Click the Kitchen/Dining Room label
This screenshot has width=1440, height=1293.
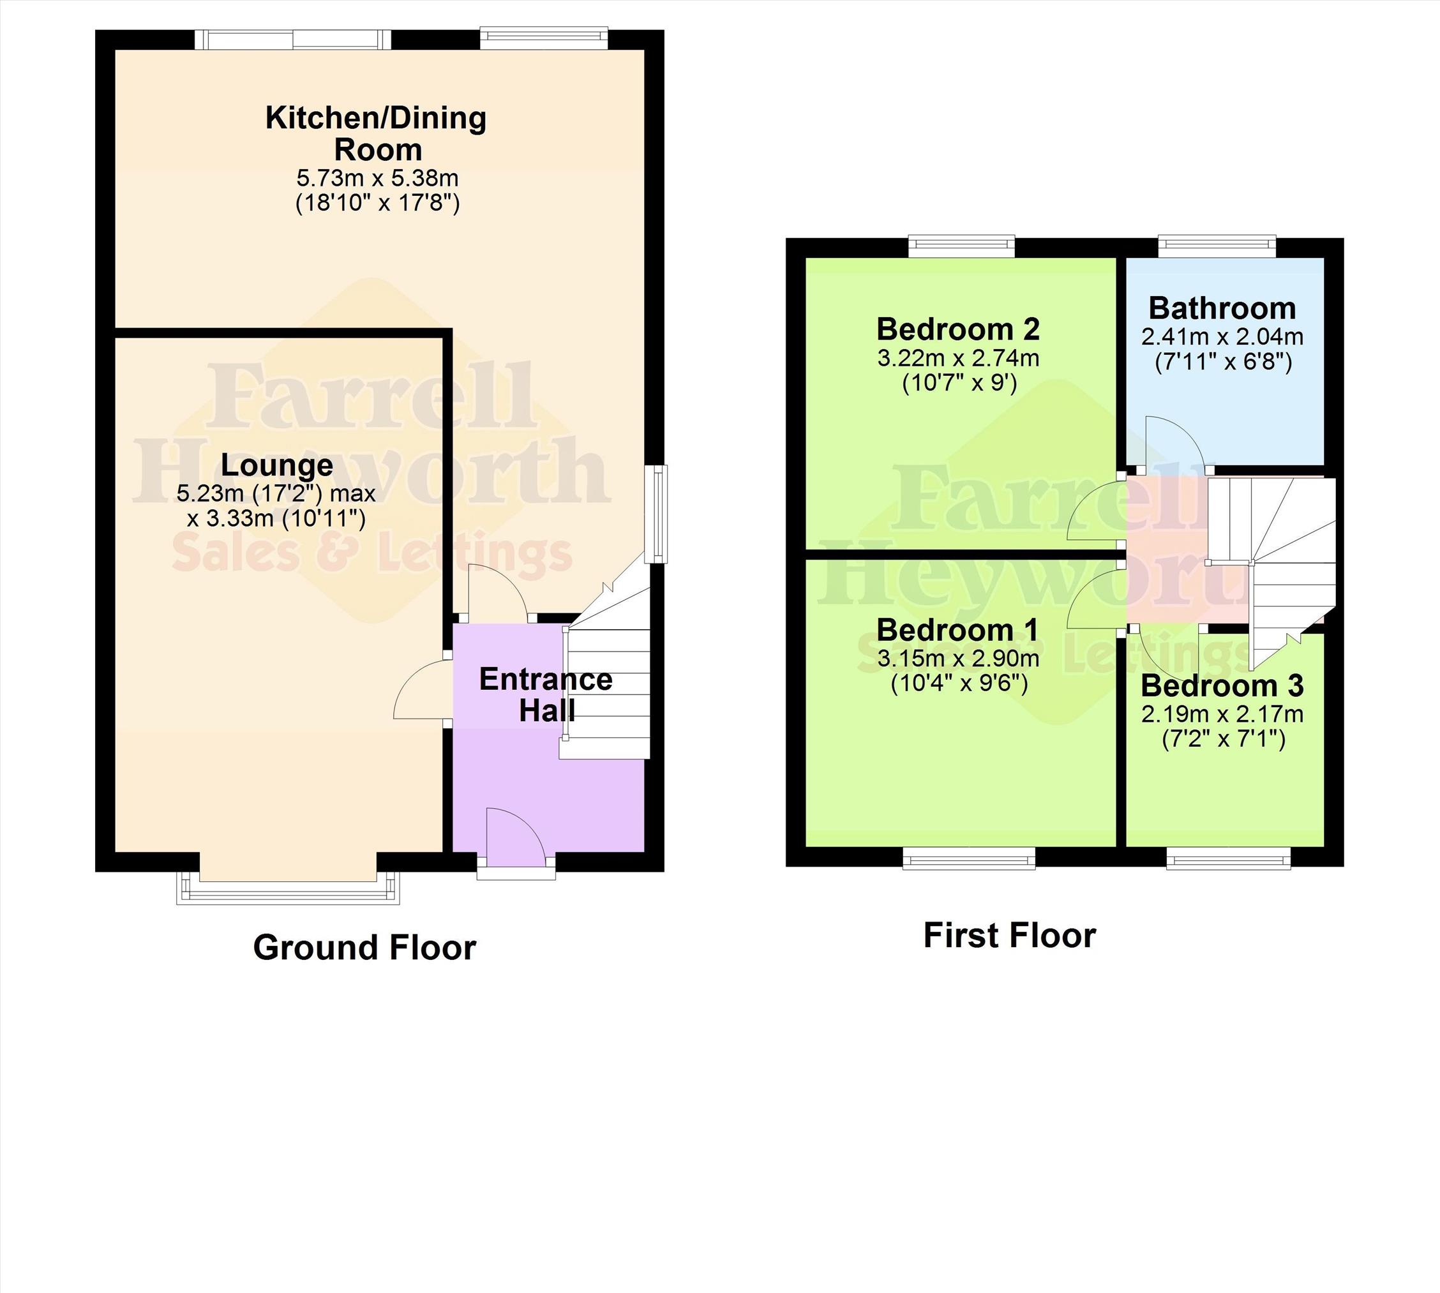point(376,133)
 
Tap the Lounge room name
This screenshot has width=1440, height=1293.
point(277,465)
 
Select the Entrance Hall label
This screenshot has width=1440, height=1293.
point(546,695)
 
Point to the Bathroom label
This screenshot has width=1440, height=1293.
point(1222,308)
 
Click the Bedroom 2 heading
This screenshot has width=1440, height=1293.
point(958,329)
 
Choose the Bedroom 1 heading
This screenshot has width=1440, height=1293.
point(957,630)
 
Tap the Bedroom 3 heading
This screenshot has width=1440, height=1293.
point(1222,685)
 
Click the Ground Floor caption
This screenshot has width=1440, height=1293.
point(364,948)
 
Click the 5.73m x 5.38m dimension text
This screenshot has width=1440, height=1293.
point(377,177)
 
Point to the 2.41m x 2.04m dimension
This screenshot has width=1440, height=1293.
point(1222,337)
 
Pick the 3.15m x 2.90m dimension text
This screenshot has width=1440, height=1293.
point(958,659)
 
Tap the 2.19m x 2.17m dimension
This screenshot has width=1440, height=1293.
point(1222,714)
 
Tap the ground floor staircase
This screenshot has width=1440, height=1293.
point(610,682)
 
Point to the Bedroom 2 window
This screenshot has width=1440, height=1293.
point(962,246)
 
